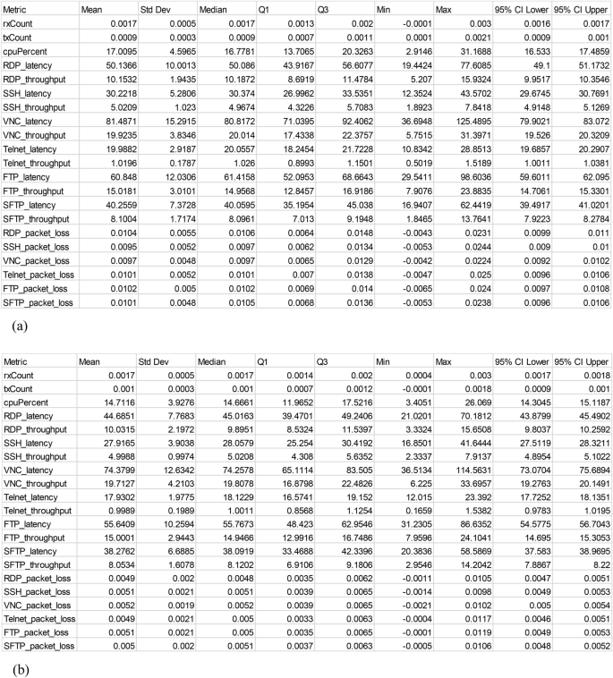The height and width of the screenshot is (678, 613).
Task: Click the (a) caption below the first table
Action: point(18,327)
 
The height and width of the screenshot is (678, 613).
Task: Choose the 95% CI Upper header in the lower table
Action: point(582,361)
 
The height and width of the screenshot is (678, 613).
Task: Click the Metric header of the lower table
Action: point(18,361)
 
